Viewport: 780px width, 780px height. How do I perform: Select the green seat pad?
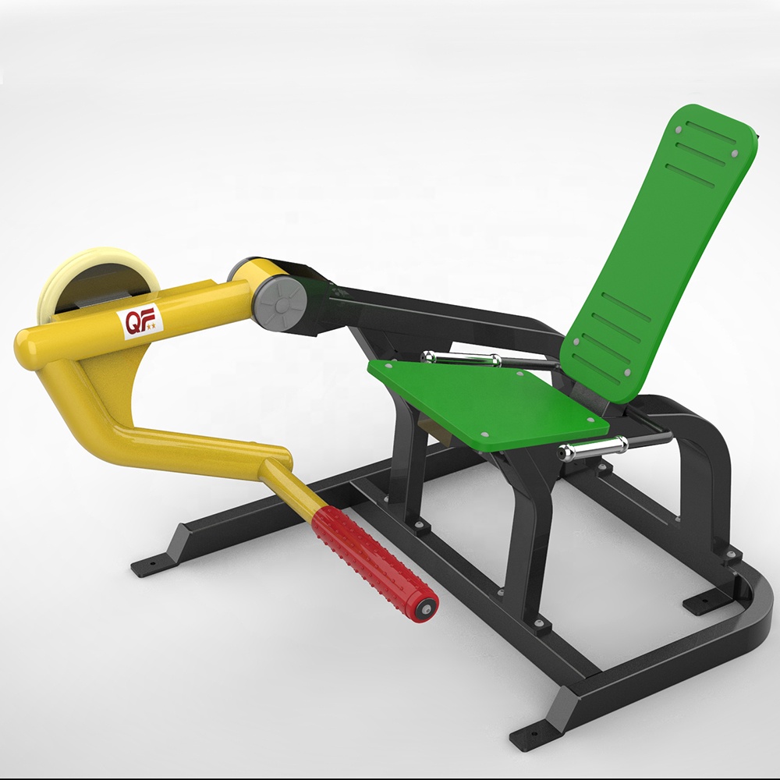[x=488, y=401]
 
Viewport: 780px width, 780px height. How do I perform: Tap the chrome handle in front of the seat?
[x=592, y=446]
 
